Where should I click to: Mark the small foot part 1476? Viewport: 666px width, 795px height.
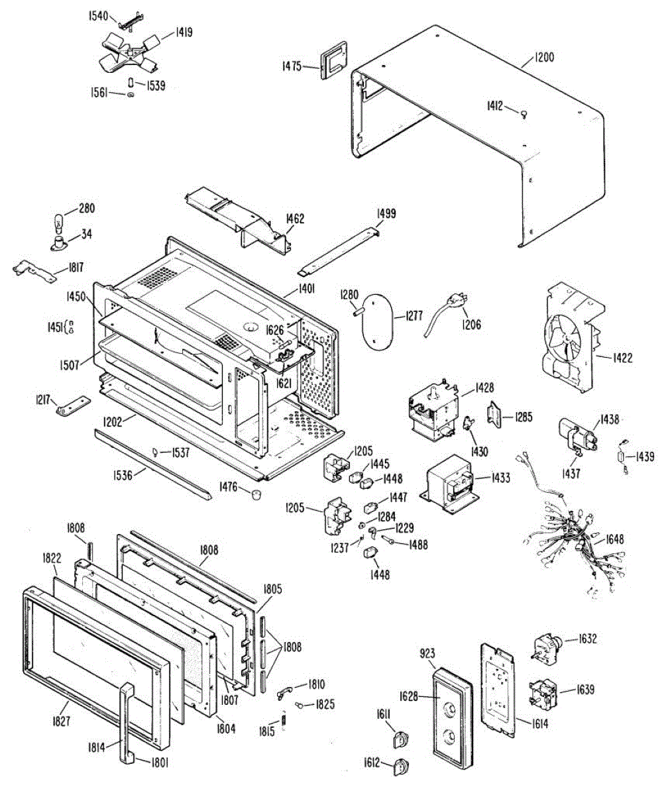point(254,494)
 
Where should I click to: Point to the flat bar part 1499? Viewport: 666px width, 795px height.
point(339,248)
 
